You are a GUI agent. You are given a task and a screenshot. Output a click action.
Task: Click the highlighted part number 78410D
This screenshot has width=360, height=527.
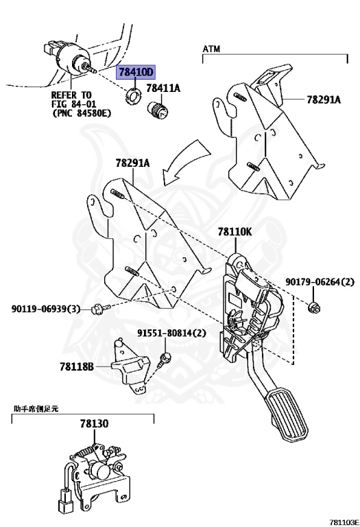point(136,73)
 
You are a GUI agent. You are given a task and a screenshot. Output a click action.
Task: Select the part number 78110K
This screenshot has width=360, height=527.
point(235,232)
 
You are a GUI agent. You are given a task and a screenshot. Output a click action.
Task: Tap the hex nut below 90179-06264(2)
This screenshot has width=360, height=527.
point(315,306)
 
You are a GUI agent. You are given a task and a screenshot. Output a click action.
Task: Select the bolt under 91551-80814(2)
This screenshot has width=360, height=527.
point(165,358)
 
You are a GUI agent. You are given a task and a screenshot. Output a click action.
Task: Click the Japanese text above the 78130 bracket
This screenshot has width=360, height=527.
point(36,408)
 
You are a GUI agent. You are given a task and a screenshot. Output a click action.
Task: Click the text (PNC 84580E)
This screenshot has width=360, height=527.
point(80,113)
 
